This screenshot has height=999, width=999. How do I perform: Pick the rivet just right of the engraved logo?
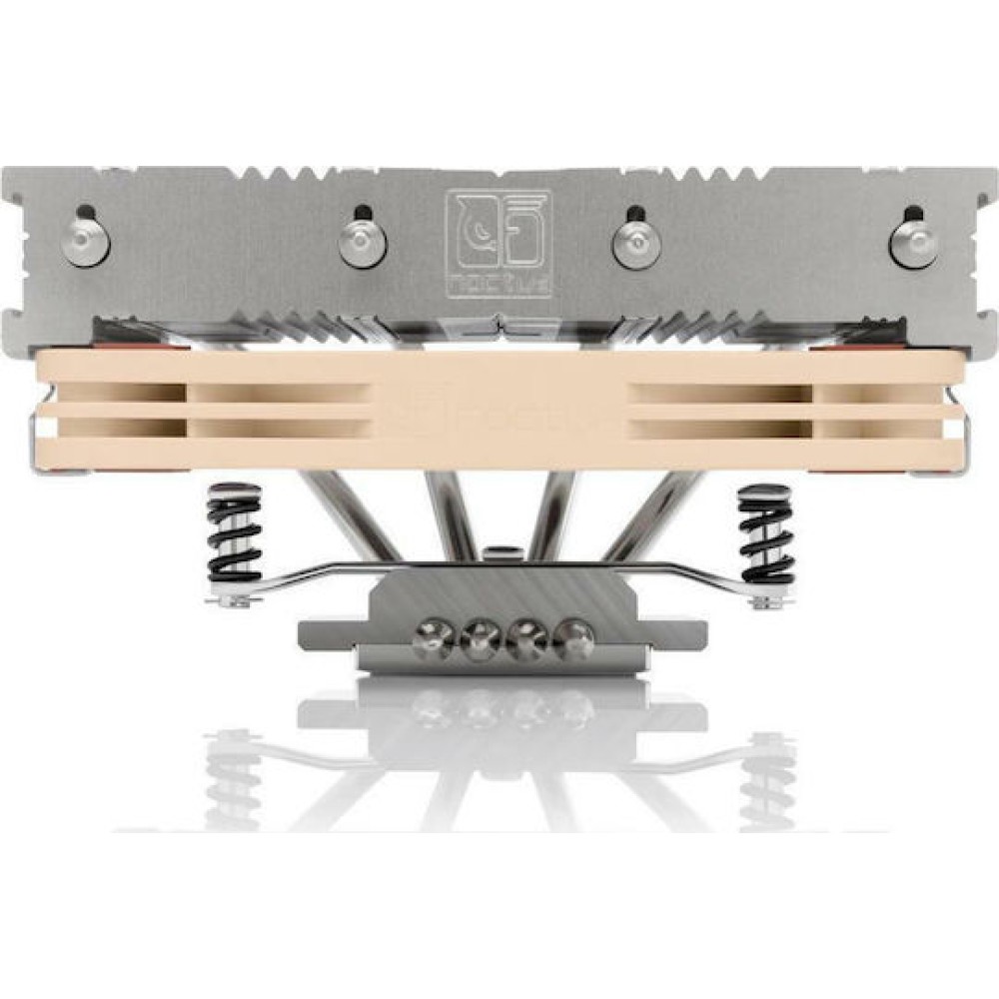pos(633,243)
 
